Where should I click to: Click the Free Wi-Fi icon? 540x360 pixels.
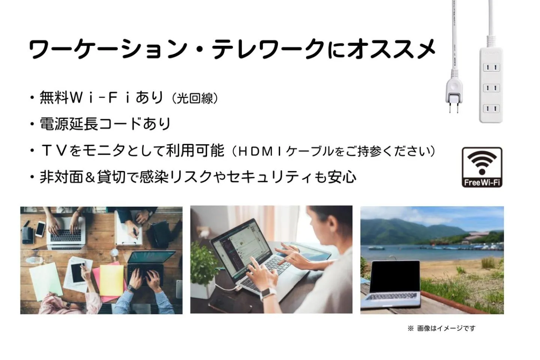coord(482,167)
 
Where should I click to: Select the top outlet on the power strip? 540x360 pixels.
coord(491,67)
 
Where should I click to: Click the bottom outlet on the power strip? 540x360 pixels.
coord(491,109)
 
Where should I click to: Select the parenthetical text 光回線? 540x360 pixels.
coord(195,98)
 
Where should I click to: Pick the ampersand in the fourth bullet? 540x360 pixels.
coord(90,177)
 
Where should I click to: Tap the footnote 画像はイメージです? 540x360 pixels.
coord(446,328)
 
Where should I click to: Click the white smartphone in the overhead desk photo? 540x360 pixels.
coord(40,228)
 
